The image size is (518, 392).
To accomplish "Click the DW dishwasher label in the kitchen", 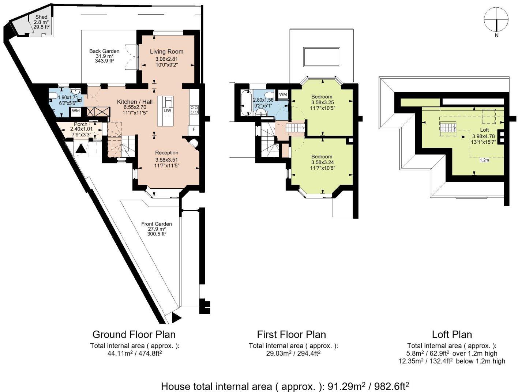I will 167,110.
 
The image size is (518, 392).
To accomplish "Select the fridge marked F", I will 194,129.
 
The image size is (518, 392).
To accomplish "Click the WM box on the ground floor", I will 76,111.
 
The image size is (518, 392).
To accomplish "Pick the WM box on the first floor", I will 283,94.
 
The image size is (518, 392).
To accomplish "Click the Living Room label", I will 166,52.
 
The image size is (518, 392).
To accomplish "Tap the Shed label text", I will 41,17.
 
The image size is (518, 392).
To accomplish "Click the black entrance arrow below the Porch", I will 81,148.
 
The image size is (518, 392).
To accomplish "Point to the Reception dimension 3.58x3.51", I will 166,160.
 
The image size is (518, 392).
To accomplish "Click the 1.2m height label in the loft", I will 484,160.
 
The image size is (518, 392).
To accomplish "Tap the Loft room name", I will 484,130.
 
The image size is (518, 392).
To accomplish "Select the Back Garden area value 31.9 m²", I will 104,56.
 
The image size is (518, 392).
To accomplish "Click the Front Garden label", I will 157,224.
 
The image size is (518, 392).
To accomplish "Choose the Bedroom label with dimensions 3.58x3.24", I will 322,157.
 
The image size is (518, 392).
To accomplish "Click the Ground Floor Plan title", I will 134,334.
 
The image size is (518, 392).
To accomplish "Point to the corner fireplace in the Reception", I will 193,143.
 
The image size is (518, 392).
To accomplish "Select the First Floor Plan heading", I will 291,334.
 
